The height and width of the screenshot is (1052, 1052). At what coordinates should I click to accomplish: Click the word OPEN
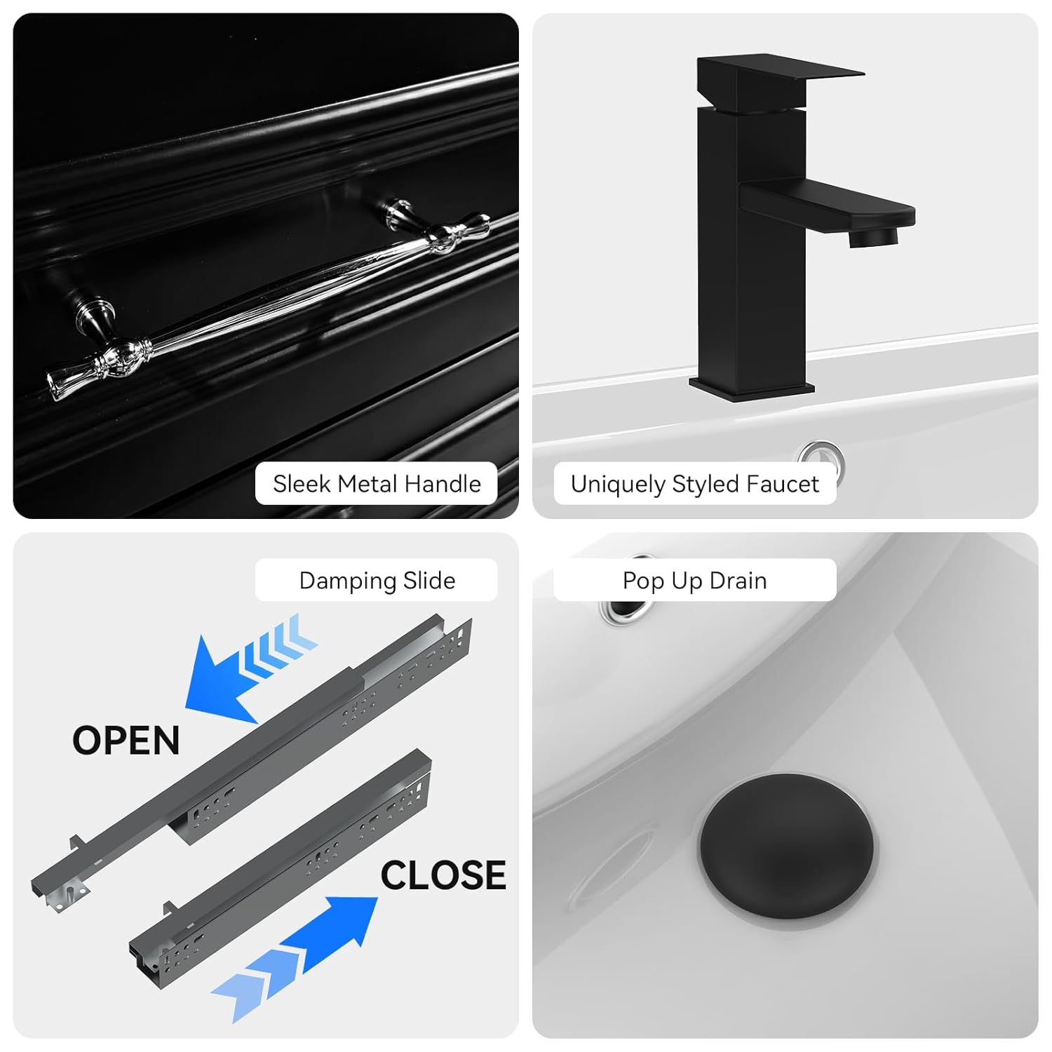(126, 741)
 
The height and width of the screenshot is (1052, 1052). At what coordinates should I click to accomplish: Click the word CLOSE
(443, 875)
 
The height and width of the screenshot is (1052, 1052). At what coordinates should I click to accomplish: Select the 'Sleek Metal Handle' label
(377, 483)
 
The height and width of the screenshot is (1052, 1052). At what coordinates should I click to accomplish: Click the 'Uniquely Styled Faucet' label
(695, 483)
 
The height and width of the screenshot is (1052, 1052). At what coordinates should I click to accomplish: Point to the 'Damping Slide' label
(377, 580)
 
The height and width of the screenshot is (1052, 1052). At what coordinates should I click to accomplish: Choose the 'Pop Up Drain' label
(695, 580)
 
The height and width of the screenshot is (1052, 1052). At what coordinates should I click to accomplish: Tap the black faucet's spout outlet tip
(873, 236)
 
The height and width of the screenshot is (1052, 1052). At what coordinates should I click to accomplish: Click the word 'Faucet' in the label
(782, 483)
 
